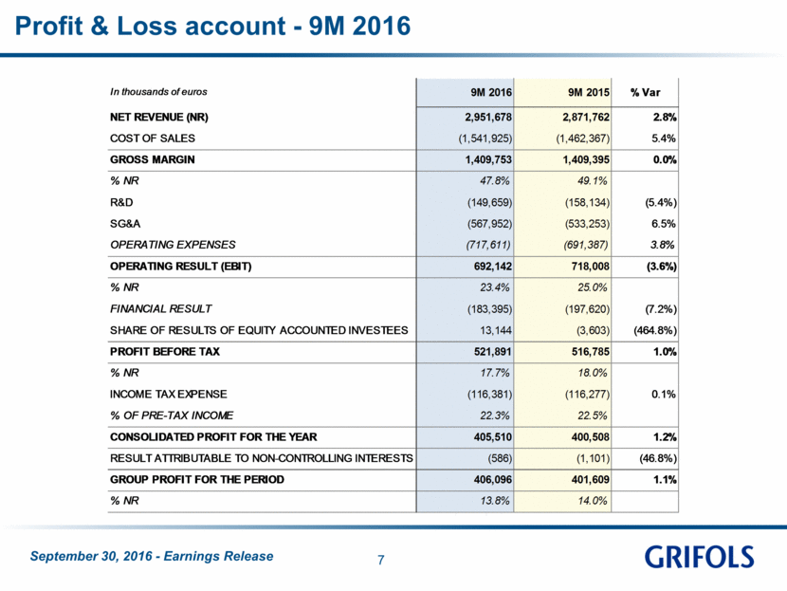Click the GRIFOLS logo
coord(699,557)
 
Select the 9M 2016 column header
coord(491,92)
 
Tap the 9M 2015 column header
coord(588,92)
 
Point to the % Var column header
coord(645,92)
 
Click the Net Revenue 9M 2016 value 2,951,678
coord(488,117)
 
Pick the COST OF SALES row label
coord(153,139)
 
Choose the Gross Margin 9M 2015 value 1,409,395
coord(586,159)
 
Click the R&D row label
coord(121,202)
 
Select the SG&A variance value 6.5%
coord(664,224)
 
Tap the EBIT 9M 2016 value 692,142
coord(493,267)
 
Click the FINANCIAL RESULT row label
coord(160,309)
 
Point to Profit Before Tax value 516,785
coord(590,352)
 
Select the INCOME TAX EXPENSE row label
coord(168,395)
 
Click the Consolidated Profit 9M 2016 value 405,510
coord(493,437)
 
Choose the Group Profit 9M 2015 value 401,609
coord(590,479)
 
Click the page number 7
coord(381,560)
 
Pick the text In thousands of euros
coord(158,92)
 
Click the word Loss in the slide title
coord(147,26)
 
